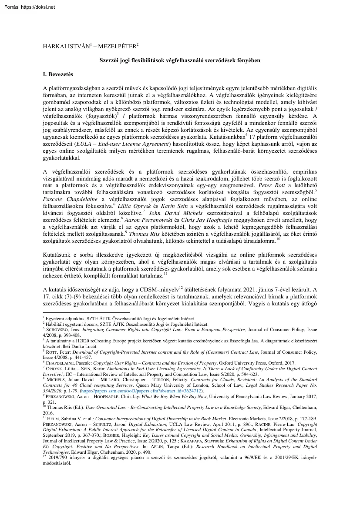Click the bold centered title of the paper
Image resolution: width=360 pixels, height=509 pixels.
tap(180, 59)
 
